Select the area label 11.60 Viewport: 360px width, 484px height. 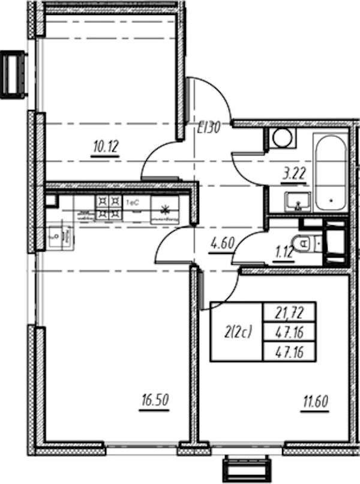click(308, 399)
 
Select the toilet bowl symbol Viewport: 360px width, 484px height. click(302, 244)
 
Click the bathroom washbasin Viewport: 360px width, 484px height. click(296, 202)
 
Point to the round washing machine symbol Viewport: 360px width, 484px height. click(281, 138)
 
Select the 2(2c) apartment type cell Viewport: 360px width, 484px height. click(236, 331)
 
